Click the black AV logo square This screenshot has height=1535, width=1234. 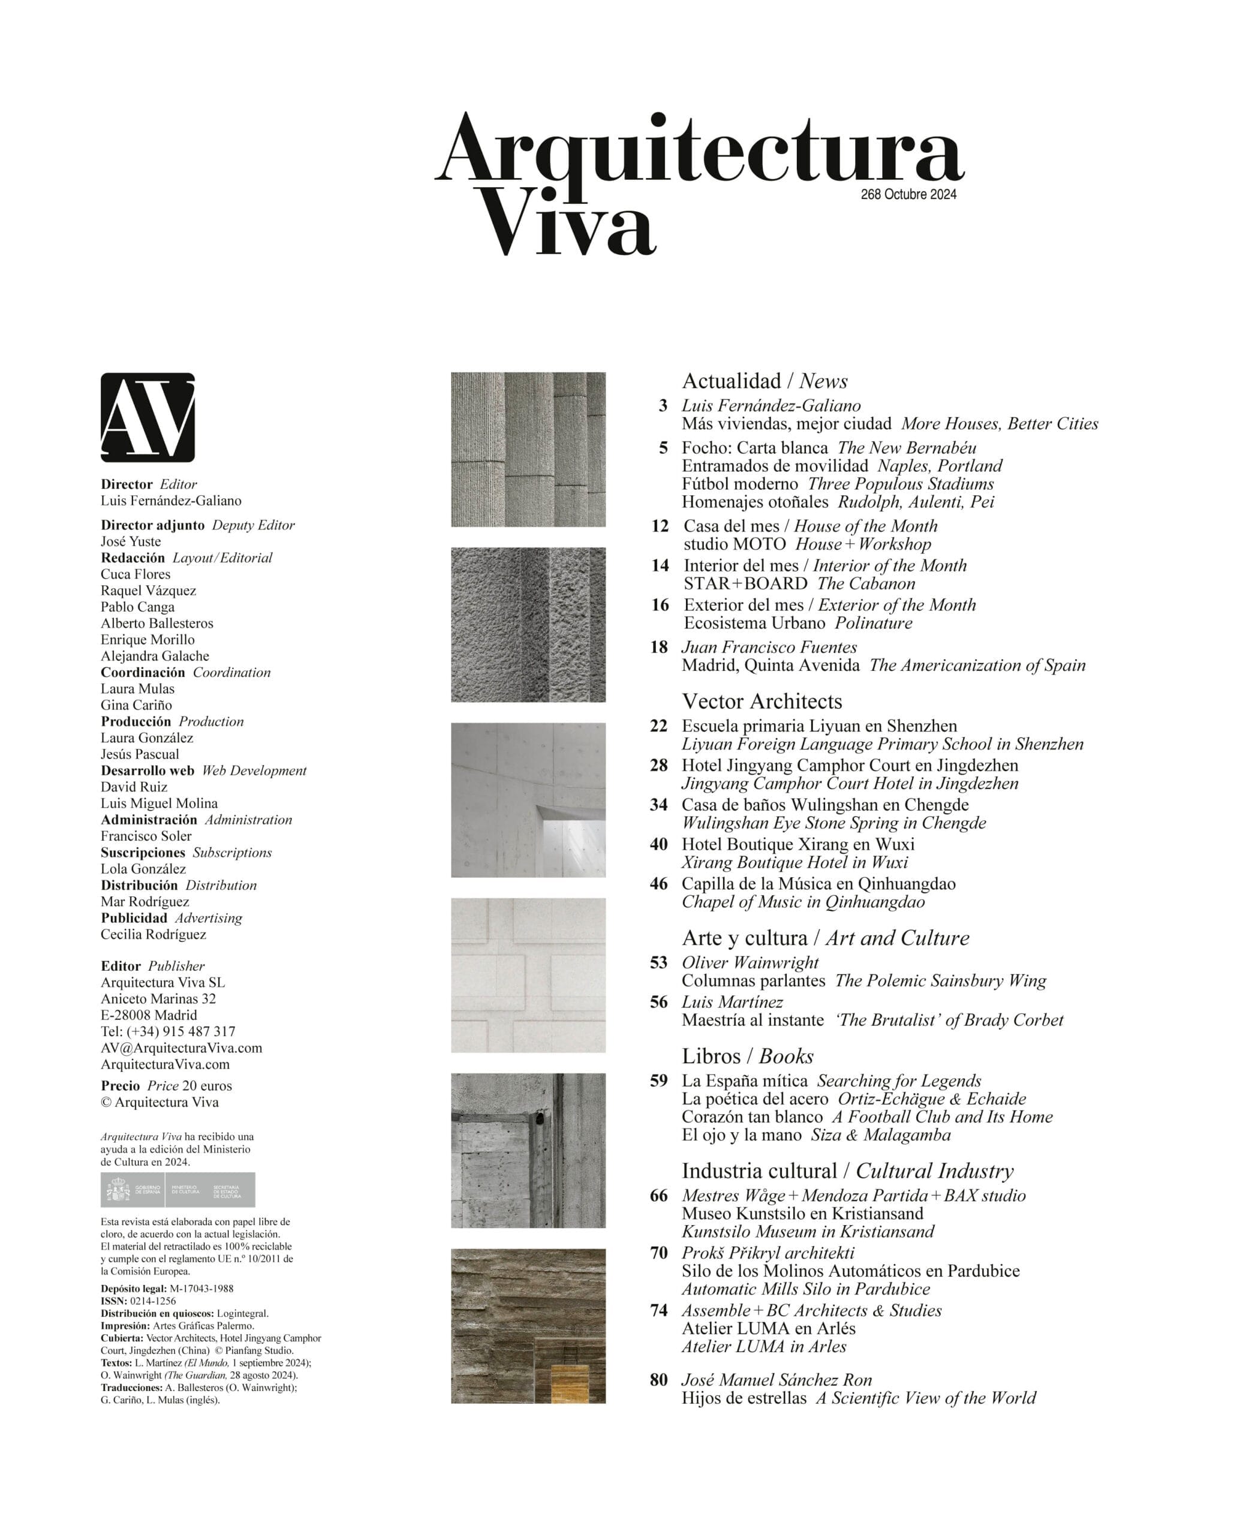coord(148,417)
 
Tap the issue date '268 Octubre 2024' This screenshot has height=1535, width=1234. coord(908,194)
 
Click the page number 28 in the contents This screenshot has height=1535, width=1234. coord(658,765)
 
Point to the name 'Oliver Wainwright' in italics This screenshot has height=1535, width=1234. coord(750,962)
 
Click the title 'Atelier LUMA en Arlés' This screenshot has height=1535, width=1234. coord(768,1329)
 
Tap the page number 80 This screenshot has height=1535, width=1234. coord(658,1380)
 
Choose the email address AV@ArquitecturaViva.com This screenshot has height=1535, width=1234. coord(182,1048)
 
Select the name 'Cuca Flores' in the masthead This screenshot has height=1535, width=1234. coord(136,574)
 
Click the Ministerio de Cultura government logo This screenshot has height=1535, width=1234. coord(177,1190)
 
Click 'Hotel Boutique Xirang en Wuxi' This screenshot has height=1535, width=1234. coord(797,844)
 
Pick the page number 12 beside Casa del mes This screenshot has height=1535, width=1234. coord(660,526)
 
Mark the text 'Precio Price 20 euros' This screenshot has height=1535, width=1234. coord(166,1086)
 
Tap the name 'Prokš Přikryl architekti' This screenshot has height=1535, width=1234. coord(768,1253)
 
